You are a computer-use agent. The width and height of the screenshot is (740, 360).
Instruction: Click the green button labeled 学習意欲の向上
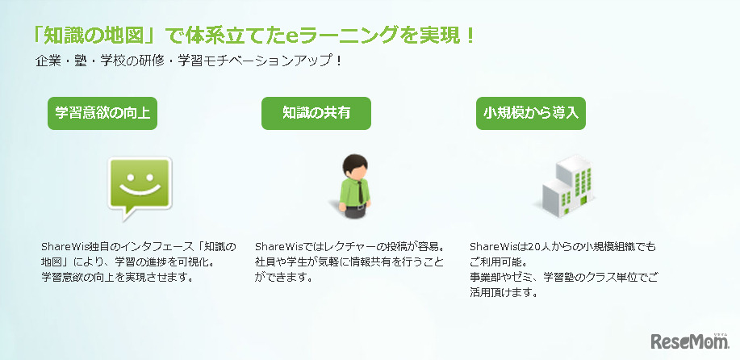pyautogui.click(x=102, y=113)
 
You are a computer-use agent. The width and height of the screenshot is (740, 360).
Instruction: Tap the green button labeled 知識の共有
pyautogui.click(x=316, y=113)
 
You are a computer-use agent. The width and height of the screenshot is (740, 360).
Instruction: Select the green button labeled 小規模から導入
pyautogui.click(x=530, y=113)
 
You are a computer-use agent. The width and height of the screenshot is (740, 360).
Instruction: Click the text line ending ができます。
pyautogui.click(x=283, y=278)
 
